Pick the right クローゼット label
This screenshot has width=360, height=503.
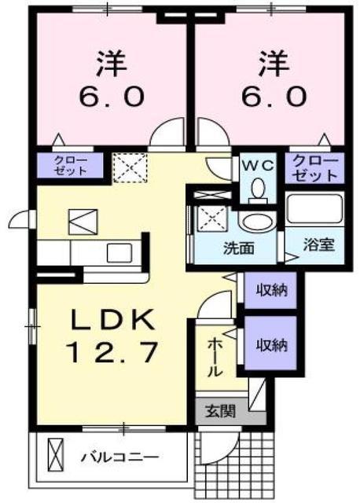(x=315, y=167)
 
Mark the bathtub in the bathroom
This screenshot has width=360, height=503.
(x=314, y=210)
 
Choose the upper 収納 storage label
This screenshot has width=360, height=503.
(x=270, y=290)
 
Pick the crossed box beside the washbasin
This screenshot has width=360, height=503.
(x=210, y=216)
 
